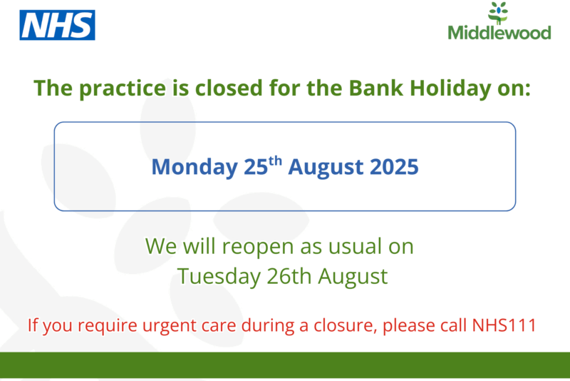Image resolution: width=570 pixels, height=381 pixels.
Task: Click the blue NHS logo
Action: click(x=58, y=25)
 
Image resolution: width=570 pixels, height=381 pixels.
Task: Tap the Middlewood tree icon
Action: click(x=498, y=13)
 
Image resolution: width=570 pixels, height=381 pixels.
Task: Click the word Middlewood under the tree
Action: click(x=499, y=33)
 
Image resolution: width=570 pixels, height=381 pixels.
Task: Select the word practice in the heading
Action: click(x=123, y=88)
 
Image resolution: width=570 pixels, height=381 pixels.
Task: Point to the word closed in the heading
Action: click(x=229, y=88)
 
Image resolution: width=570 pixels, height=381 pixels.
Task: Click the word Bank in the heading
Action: click(x=376, y=88)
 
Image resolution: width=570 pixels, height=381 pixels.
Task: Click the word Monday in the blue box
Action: click(x=195, y=168)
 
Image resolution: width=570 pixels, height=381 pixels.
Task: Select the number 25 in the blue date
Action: click(x=256, y=167)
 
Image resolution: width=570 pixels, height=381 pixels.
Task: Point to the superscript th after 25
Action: click(x=275, y=161)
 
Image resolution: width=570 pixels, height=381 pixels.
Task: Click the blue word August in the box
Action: click(x=326, y=168)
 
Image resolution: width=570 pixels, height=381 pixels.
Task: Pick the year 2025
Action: click(x=394, y=167)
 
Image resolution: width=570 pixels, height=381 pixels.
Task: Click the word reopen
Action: click(x=258, y=247)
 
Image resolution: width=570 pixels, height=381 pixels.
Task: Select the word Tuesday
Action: click(x=219, y=277)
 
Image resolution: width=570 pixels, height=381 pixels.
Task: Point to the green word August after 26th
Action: click(x=353, y=277)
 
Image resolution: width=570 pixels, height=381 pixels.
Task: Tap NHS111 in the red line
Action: click(x=504, y=325)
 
